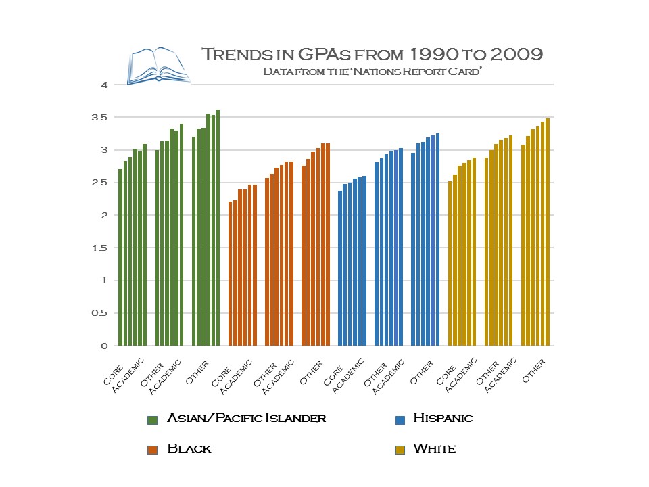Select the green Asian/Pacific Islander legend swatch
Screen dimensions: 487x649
152,420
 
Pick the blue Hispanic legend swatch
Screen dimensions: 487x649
400,420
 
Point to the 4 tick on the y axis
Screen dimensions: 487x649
104,85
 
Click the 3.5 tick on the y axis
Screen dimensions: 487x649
100,118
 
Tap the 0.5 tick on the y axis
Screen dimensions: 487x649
100,313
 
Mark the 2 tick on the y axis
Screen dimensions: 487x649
104,216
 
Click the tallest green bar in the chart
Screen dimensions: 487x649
218,227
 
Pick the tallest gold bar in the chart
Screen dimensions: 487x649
548,232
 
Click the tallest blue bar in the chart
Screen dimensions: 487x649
437,239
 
